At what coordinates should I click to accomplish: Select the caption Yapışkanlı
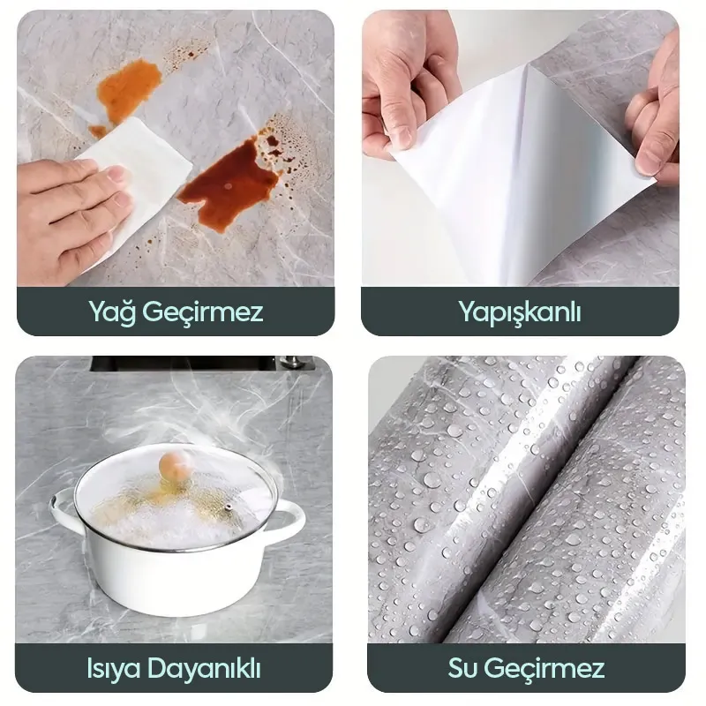tap(520, 312)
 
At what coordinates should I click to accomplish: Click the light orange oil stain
tap(129, 89)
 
